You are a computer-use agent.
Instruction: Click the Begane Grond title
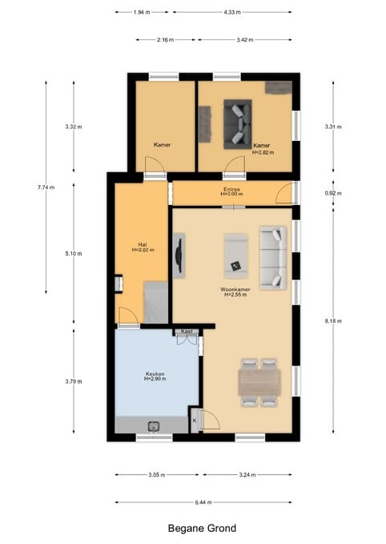pos(202,529)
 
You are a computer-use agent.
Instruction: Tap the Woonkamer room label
pos(235,289)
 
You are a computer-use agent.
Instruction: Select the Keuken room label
pos(155,373)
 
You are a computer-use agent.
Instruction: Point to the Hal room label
pos(143,244)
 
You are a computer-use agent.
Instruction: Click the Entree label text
pos(231,189)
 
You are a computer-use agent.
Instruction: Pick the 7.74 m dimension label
pos(46,187)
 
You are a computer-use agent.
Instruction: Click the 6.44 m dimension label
pos(203,502)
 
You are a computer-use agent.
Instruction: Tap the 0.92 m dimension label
pos(333,193)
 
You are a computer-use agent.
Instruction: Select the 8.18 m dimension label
pos(333,321)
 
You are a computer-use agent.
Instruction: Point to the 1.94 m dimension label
pos(142,12)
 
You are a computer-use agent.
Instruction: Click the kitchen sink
pos(153,426)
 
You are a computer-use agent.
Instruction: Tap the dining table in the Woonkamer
pos(259,382)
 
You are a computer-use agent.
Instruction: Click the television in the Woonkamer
pos(179,256)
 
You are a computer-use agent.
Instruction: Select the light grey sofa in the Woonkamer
pos(273,258)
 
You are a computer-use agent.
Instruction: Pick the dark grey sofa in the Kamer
pos(238,124)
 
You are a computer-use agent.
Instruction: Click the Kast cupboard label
pos(187,332)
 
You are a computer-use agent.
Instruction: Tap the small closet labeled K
pos(195,420)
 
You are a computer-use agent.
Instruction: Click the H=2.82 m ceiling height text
pos(263,152)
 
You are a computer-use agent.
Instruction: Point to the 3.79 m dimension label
pos(74,381)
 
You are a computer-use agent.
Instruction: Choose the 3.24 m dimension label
pos(247,474)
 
